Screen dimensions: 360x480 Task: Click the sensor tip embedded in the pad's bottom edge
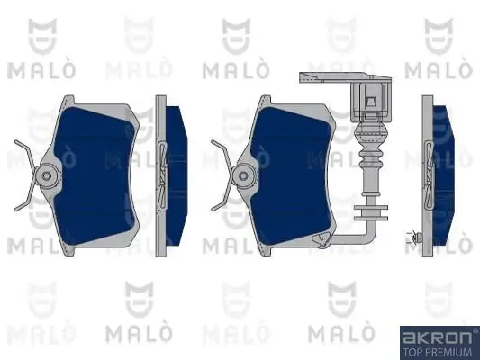pos(321,241)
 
